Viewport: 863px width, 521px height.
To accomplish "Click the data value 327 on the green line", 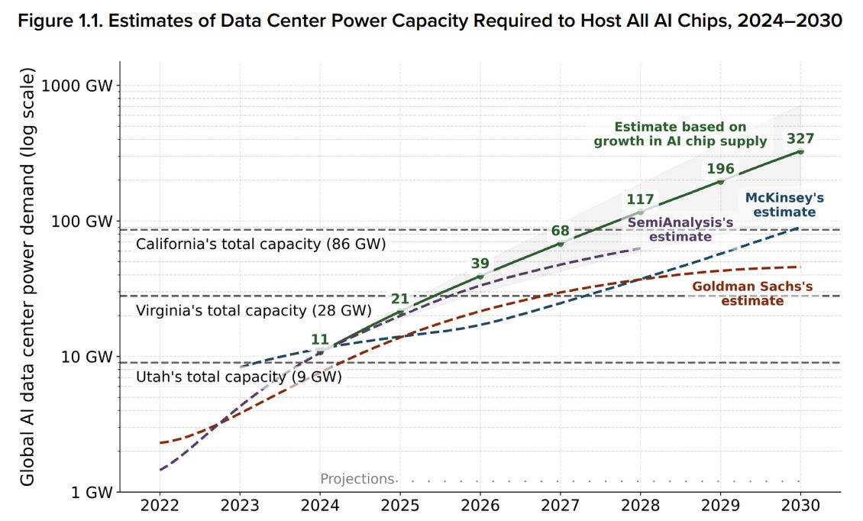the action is (x=800, y=139).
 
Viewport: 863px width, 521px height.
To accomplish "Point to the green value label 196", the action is (x=720, y=169).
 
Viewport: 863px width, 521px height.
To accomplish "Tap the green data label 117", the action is (x=640, y=199).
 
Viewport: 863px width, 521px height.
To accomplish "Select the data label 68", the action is (x=561, y=231).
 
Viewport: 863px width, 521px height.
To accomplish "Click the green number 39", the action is (x=480, y=264).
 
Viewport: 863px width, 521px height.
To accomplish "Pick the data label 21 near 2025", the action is (x=400, y=299).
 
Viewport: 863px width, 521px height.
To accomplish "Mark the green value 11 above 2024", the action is (x=320, y=339).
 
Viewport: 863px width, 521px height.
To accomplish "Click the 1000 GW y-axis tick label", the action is (x=77, y=86).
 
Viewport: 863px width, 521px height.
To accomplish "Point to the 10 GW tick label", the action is (x=86, y=357).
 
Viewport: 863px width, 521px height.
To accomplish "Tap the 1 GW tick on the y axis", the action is (x=92, y=492).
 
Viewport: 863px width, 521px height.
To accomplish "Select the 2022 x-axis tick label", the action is (x=160, y=506).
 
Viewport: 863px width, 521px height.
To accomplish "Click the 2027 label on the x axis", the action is (x=561, y=506).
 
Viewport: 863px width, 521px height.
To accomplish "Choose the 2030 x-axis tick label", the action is (x=800, y=506).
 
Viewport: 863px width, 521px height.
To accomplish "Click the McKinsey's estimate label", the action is (x=784, y=205).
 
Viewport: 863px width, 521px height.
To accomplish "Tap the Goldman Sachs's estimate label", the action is (x=752, y=293).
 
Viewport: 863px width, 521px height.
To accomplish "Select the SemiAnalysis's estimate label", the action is (x=680, y=229).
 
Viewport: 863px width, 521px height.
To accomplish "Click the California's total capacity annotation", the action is (x=261, y=244).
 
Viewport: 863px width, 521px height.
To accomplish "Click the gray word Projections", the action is (x=357, y=479).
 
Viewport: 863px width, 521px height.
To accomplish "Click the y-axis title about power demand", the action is (x=27, y=277).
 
